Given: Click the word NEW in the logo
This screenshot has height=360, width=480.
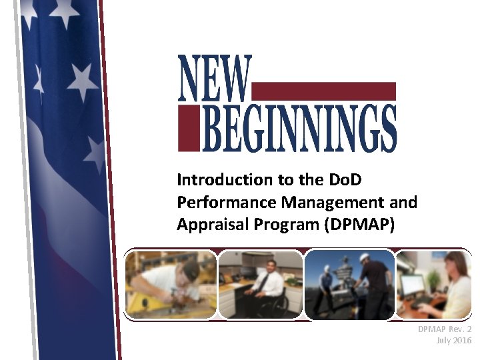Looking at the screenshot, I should pyautogui.click(x=215, y=78).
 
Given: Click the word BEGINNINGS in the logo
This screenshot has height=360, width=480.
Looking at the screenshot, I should pyautogui.click(x=299, y=127).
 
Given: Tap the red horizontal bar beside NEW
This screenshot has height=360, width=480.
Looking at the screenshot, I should pyautogui.click(x=325, y=91).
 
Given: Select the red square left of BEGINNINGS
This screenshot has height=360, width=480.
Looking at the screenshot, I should pyautogui.click(x=188, y=127).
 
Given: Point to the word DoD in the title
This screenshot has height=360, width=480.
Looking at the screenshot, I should pyautogui.click(x=345, y=180).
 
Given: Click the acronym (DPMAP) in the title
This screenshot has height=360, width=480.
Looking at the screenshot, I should pyautogui.click(x=359, y=225).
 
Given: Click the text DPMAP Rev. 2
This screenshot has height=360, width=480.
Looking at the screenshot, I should pyautogui.click(x=444, y=329).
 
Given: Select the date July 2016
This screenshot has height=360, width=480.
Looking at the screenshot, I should pyautogui.click(x=453, y=341).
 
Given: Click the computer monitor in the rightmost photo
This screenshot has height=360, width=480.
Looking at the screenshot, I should pyautogui.click(x=412, y=286).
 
